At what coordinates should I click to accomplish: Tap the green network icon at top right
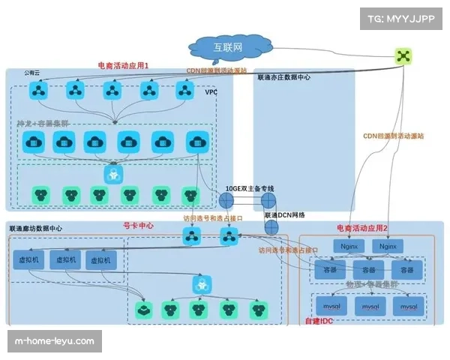(404, 56)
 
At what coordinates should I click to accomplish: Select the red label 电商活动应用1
(124, 66)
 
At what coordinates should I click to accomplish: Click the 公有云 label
(31, 73)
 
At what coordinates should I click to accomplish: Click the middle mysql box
(368, 307)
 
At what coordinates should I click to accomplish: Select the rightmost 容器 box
(406, 269)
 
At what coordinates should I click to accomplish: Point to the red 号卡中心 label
(138, 225)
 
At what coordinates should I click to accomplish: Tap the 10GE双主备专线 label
(250, 188)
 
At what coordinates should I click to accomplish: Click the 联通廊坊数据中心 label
(35, 227)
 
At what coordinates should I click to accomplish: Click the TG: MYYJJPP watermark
(403, 18)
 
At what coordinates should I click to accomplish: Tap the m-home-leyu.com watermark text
(55, 342)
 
